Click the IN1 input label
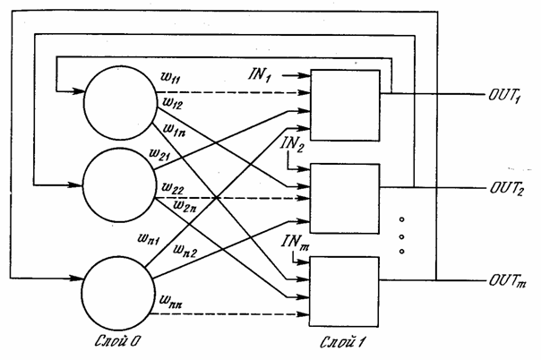[x=260, y=75]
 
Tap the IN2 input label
[x=292, y=144]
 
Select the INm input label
[x=295, y=242]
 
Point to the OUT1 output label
[x=504, y=96]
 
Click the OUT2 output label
[x=507, y=189]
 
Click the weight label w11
[x=170, y=77]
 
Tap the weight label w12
[x=172, y=104]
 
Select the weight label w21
[x=159, y=155]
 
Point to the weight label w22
[x=173, y=188]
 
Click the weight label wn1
[x=149, y=238]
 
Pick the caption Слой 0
[x=117, y=341]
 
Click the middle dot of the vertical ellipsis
[x=401, y=237]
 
